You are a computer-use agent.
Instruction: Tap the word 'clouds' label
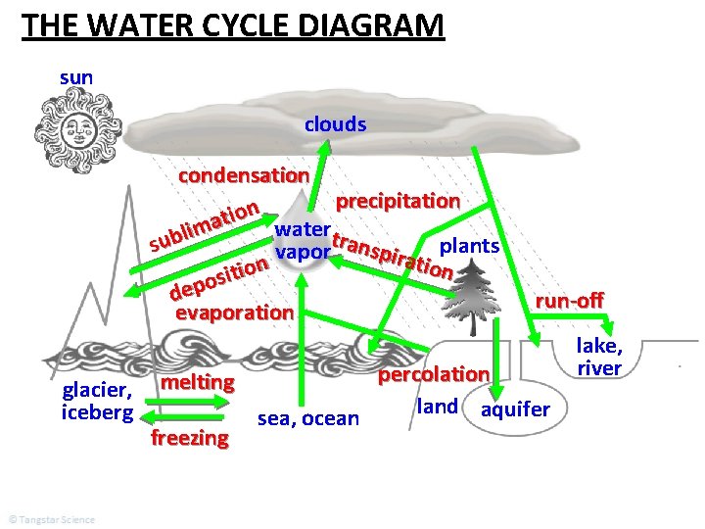pyautogui.click(x=335, y=124)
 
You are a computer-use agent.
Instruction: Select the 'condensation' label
pyautogui.click(x=244, y=176)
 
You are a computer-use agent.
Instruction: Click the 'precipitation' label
pyautogui.click(x=398, y=201)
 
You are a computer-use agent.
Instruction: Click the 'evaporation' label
pyautogui.click(x=233, y=313)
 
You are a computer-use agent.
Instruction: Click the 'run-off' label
pyautogui.click(x=567, y=300)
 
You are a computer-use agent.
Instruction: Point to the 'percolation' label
pyautogui.click(x=433, y=374)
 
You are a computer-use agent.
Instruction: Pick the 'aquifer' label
pyautogui.click(x=515, y=409)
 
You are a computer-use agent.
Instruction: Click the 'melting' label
pyautogui.click(x=199, y=382)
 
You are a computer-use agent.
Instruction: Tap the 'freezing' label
pyautogui.click(x=190, y=438)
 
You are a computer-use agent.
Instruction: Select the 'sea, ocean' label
pyautogui.click(x=308, y=419)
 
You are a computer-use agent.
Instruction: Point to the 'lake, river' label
pyautogui.click(x=599, y=356)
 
